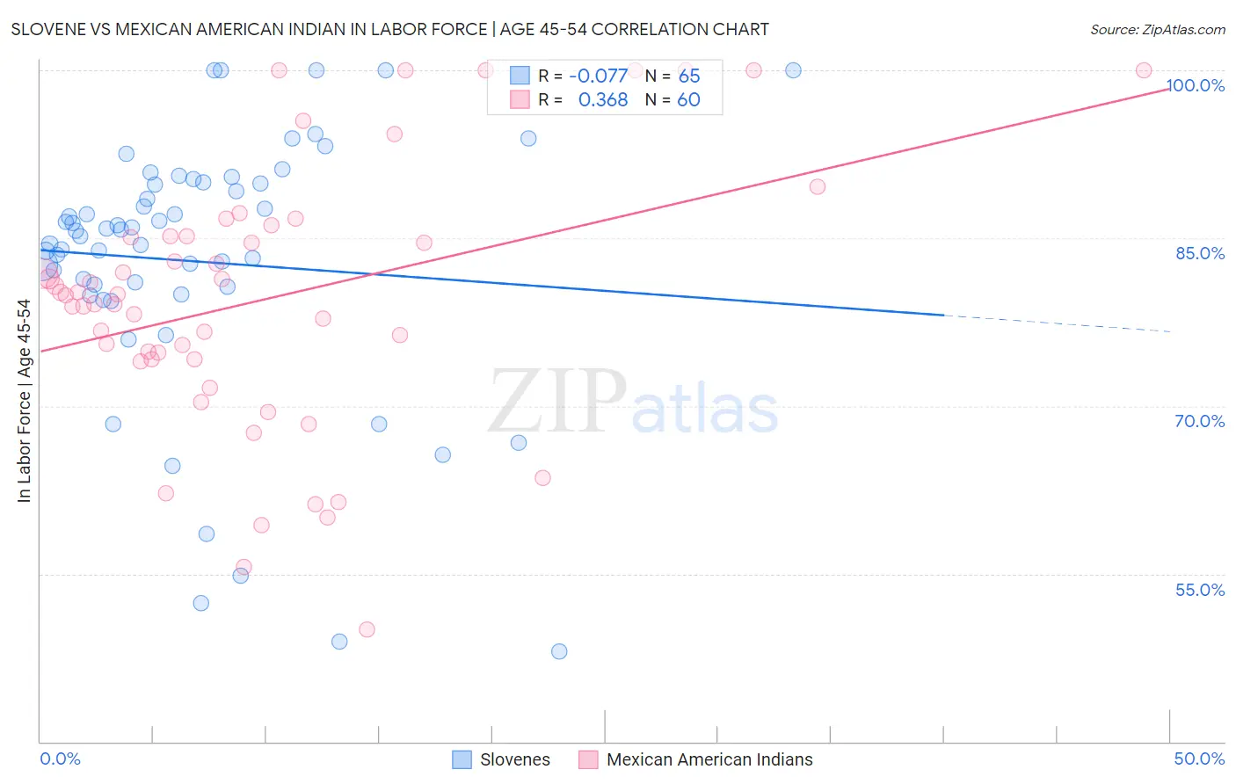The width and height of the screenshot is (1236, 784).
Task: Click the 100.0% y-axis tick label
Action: coord(1195,85)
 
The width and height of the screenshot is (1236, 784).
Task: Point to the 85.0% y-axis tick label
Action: coord(1200,253)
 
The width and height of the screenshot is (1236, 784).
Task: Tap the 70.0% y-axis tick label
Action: coord(1200,421)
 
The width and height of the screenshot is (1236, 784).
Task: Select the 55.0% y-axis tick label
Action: coord(1200,590)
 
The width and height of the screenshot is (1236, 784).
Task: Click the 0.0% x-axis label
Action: coord(60,759)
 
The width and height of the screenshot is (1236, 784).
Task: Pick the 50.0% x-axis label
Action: coord(1199,759)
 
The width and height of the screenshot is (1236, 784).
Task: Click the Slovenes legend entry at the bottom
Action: coord(514,759)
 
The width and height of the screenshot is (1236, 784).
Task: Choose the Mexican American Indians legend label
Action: coord(709,759)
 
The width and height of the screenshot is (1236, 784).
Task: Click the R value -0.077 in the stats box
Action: coord(598,76)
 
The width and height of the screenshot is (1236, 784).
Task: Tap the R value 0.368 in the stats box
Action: coord(603,100)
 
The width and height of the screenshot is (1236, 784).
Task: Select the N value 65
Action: coord(689,76)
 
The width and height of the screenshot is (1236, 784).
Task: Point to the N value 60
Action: coord(689,100)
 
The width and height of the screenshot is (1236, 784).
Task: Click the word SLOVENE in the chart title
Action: coord(46,29)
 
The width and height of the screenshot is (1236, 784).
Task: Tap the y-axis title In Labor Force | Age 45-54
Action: coord(24,401)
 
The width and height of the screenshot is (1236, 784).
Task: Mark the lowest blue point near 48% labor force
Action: coord(559,651)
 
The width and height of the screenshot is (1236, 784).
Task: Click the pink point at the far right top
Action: coord(1144,70)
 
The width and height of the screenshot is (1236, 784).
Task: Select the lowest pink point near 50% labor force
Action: coord(367,629)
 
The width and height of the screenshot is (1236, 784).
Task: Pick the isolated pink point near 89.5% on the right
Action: coord(818,186)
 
